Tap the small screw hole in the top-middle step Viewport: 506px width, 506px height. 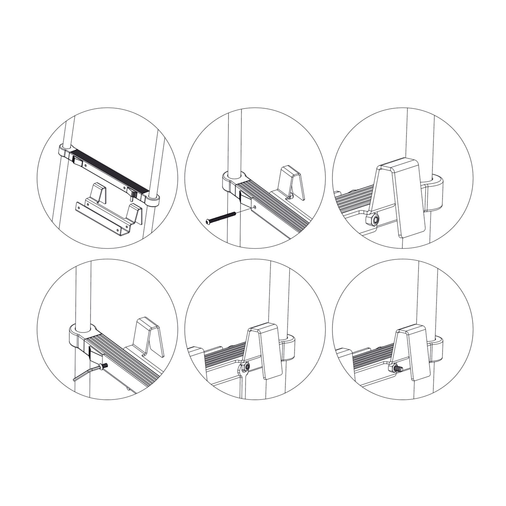[255, 207]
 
